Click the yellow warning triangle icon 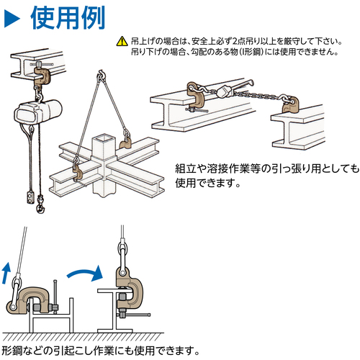[122, 41]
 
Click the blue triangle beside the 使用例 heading [12, 19]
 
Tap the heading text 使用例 [68, 18]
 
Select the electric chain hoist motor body [38, 113]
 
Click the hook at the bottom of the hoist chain [40, 206]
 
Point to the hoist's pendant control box [30, 197]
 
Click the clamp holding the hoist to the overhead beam [41, 76]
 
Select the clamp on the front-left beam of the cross [78, 171]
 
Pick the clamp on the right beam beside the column [125, 143]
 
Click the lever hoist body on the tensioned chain [225, 91]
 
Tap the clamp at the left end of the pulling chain [196, 94]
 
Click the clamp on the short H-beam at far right [289, 105]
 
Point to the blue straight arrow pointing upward [6, 273]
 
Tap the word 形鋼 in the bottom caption [12, 351]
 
